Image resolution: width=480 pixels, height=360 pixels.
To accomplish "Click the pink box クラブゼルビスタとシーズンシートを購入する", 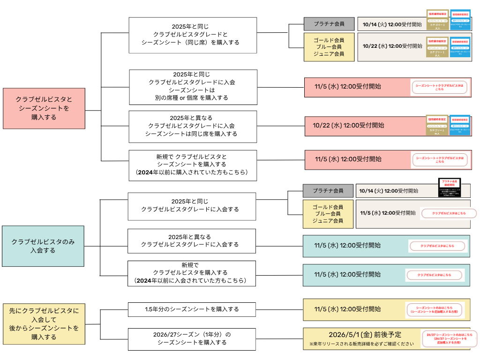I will pyautogui.click(x=44, y=108).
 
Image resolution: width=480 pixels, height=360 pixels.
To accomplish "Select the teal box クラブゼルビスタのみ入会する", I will pyautogui.click(x=43, y=246).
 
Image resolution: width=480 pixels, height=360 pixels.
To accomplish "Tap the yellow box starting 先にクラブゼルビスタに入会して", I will pyautogui.click(x=44, y=323).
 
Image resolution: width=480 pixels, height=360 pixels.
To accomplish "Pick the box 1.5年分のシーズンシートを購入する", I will pyautogui.click(x=192, y=309).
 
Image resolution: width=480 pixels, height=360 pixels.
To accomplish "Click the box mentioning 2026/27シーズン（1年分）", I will pyautogui.click(x=192, y=339).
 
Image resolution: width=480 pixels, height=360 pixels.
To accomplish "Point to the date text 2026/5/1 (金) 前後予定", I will pyautogui.click(x=365, y=335).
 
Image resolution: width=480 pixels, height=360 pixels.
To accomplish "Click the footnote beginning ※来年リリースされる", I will pyautogui.click(x=361, y=344).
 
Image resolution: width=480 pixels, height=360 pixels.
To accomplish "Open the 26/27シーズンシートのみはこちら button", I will pyautogui.click(x=449, y=339).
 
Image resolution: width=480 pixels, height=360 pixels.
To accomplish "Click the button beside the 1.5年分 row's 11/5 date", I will pyautogui.click(x=435, y=310).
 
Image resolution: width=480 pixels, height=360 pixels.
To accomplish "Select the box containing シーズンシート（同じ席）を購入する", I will pyautogui.click(x=193, y=35).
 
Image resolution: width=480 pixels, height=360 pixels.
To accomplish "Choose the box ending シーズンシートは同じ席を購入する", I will pyautogui.click(x=193, y=126).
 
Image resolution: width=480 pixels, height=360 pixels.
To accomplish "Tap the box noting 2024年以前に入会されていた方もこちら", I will pyautogui.click(x=193, y=273).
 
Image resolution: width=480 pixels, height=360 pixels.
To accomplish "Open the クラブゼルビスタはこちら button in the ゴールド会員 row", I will pyautogui.click(x=442, y=213).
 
